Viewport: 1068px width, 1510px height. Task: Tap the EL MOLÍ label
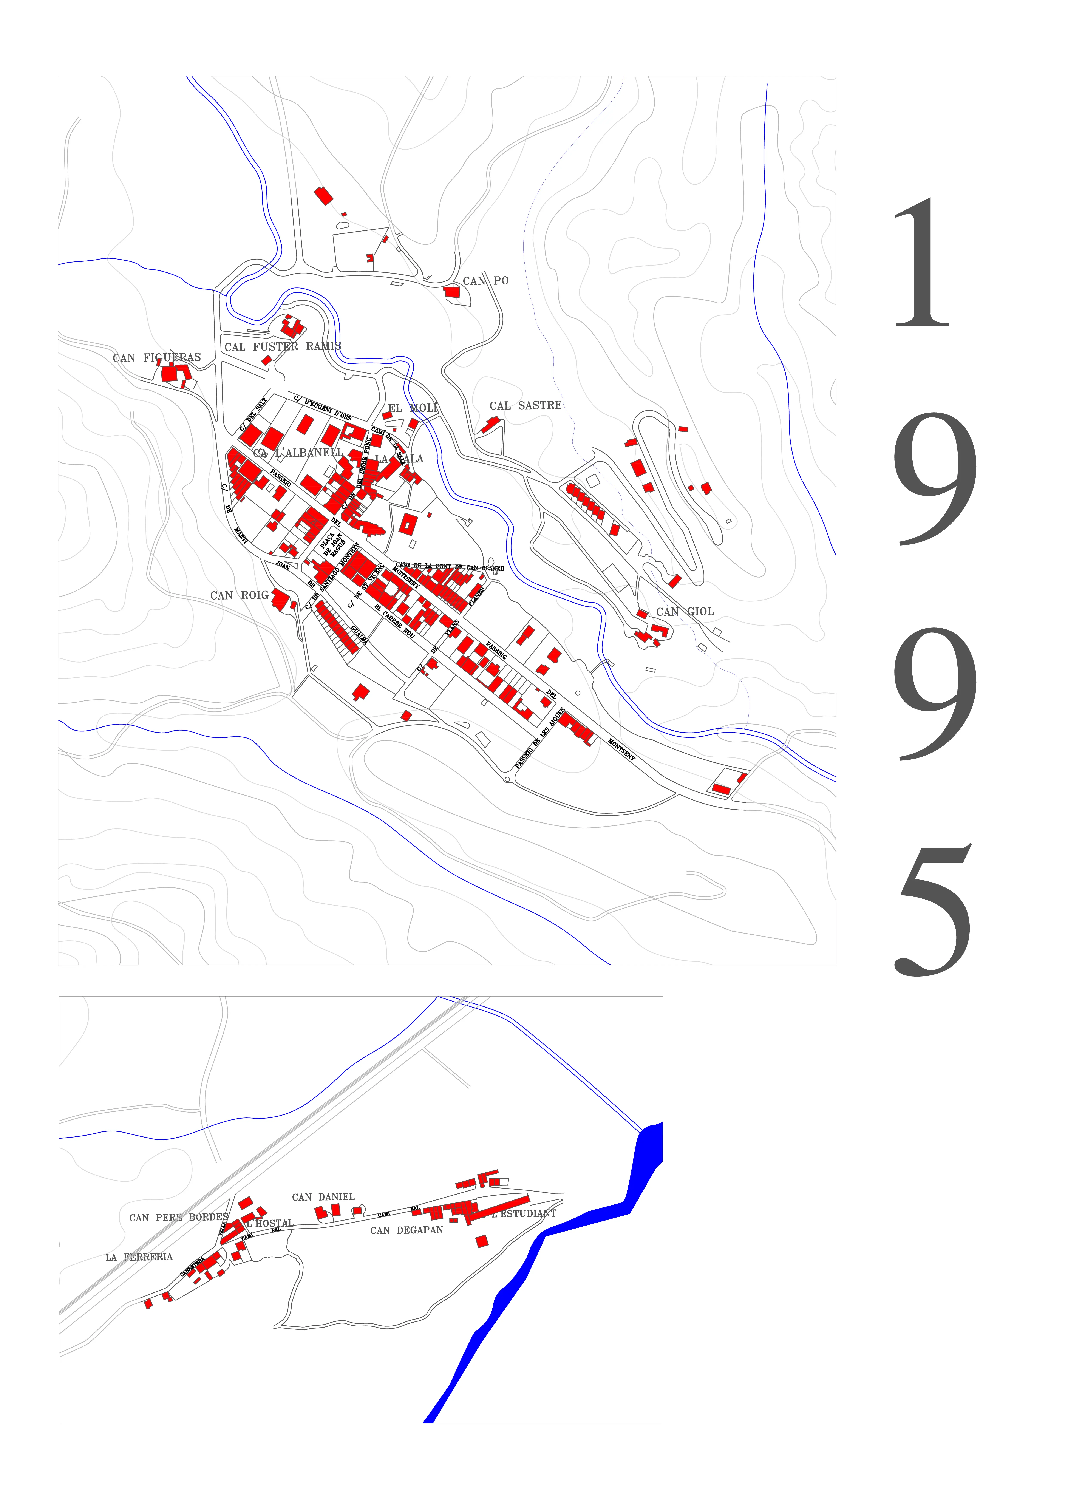412,408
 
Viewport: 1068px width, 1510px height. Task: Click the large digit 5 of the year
934,911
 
